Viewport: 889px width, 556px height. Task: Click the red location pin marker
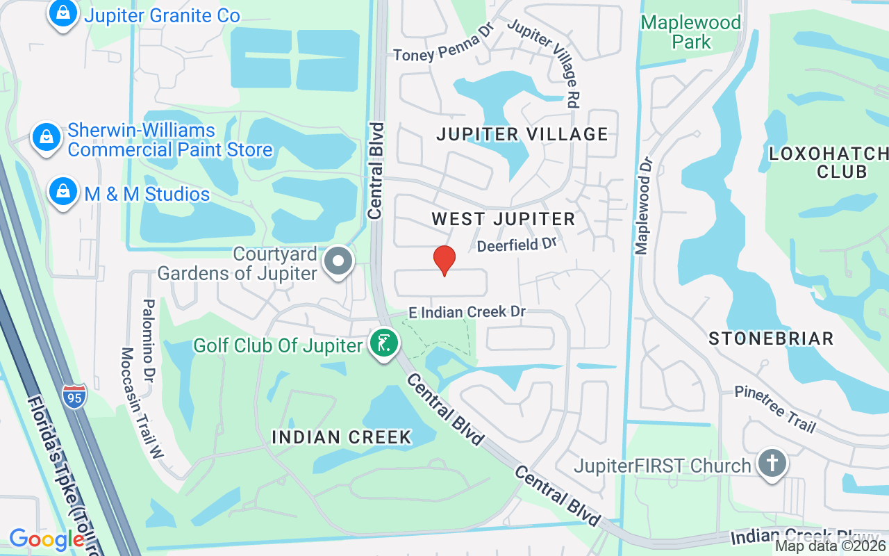[x=444, y=260]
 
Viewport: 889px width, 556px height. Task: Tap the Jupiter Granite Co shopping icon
[x=63, y=14]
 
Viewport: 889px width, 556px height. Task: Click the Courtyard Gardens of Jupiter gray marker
[x=339, y=263]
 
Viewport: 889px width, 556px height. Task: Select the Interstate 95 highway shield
[x=74, y=395]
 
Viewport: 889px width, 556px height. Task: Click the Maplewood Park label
[x=690, y=32]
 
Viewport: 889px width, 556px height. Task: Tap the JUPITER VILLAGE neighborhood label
[x=522, y=134]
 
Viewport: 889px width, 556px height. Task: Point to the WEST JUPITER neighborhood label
[x=504, y=219]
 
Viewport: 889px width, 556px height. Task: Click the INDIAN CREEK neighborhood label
[x=342, y=437]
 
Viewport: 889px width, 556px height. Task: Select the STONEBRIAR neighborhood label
[x=771, y=338]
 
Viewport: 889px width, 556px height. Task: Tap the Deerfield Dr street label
[x=517, y=245]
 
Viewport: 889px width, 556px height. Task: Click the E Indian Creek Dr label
[x=467, y=312]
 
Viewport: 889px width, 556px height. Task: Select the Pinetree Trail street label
[x=775, y=410]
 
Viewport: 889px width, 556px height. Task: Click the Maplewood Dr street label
[x=645, y=205]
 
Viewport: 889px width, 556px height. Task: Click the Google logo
[x=47, y=539]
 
